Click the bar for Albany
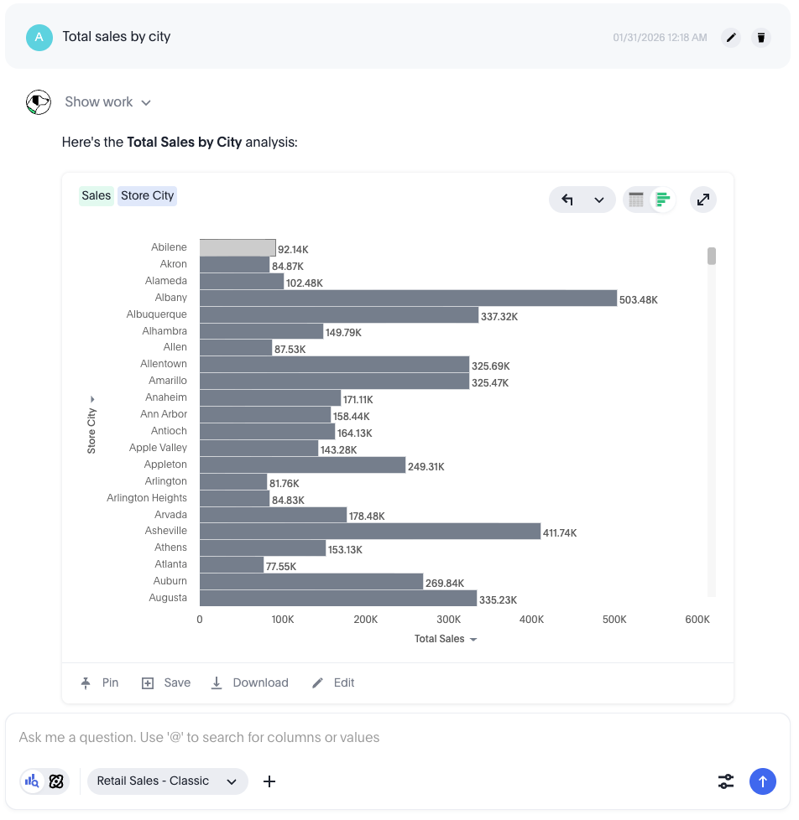[408, 298]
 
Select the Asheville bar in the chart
[369, 532]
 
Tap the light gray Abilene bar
[238, 248]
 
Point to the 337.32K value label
[499, 317]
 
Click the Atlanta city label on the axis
[170, 564]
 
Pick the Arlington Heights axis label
[147, 498]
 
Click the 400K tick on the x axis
[532, 620]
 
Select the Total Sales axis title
[440, 639]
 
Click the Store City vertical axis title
[91, 430]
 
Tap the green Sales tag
[97, 196]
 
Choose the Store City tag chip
[147, 196]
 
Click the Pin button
[100, 683]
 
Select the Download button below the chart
[249, 683]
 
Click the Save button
[166, 683]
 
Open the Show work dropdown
[108, 102]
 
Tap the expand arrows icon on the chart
[703, 200]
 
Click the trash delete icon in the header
[761, 38]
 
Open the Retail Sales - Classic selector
[167, 781]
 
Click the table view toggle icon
[636, 200]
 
